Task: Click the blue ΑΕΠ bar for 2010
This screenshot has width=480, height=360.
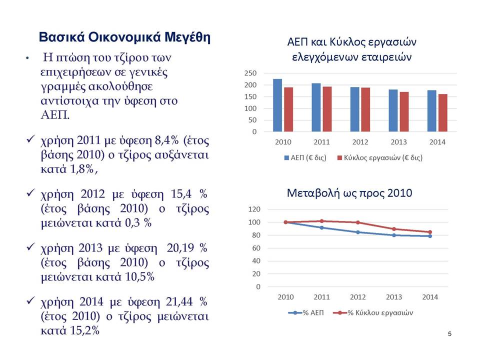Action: [x=277, y=105]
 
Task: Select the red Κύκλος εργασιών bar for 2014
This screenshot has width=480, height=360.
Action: [x=442, y=113]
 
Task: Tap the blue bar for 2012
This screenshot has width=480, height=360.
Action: [x=355, y=109]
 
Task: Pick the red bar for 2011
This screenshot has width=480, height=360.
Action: [x=327, y=109]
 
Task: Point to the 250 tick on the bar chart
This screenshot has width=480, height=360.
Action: [x=250, y=73]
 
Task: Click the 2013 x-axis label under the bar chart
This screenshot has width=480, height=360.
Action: [x=398, y=142]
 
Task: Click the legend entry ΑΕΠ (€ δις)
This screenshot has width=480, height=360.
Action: [x=305, y=157]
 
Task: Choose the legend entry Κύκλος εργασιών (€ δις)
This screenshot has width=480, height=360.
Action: [x=380, y=157]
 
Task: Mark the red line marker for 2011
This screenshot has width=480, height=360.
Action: [x=321, y=221]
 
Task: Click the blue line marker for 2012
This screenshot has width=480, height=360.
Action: [x=358, y=232]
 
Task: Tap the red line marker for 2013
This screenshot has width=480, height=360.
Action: [x=394, y=229]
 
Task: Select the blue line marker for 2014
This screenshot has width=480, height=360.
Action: [x=430, y=236]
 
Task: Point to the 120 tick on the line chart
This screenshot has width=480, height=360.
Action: [x=254, y=209]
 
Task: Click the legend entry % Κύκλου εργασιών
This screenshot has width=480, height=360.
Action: [x=373, y=312]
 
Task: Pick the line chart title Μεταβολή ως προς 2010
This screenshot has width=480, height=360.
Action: [x=349, y=193]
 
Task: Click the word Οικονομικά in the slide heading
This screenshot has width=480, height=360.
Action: [x=124, y=37]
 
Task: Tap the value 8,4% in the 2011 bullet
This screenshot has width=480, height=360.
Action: [x=167, y=140]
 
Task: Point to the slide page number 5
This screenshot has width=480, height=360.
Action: [x=449, y=333]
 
